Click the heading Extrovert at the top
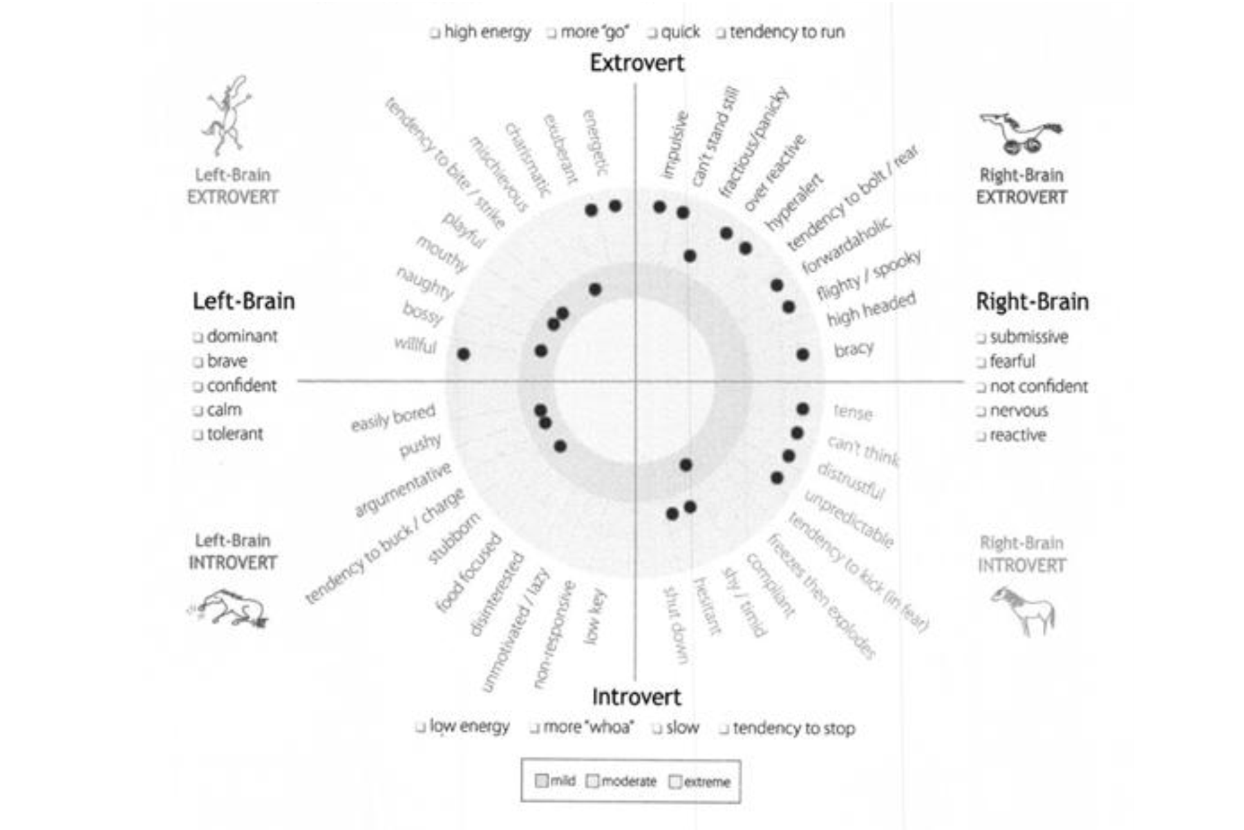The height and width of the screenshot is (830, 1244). (x=637, y=63)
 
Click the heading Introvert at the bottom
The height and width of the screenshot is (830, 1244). (x=637, y=697)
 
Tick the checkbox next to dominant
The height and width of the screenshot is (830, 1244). (x=198, y=337)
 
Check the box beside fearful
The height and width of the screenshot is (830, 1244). (x=981, y=362)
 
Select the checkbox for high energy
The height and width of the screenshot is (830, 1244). (x=435, y=33)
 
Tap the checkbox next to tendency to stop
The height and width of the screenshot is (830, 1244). (x=724, y=728)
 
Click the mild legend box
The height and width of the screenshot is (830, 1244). (x=542, y=781)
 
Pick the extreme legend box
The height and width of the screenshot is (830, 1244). (x=675, y=782)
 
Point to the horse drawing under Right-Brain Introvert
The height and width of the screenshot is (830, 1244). (x=1024, y=609)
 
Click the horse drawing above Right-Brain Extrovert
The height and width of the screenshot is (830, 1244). (x=1020, y=133)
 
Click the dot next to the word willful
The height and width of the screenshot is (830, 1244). (x=464, y=354)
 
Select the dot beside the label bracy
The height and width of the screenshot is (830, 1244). (x=802, y=354)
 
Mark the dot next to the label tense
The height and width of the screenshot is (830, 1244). (x=802, y=409)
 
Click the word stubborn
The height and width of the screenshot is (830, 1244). (x=453, y=539)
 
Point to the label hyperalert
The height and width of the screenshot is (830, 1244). (x=794, y=202)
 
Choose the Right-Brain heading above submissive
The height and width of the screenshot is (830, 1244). (x=1032, y=302)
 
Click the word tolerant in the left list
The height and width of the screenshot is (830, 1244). (x=235, y=434)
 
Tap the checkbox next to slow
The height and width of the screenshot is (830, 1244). (x=657, y=728)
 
